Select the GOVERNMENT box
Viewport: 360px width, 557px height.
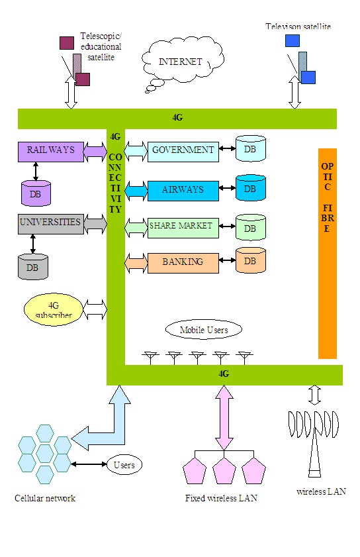coord(183,150)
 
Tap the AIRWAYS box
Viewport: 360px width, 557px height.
coord(183,189)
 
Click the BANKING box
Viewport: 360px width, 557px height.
coord(183,262)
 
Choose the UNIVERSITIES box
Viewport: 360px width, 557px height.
coord(50,223)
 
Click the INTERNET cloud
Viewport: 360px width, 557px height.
coord(180,62)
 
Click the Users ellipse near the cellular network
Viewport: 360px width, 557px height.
coord(124,465)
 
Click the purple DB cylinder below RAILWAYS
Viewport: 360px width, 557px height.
coord(35,193)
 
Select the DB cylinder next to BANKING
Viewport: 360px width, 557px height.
coord(250,261)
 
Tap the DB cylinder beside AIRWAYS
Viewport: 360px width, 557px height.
coord(250,188)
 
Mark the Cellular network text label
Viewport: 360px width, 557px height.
coord(45,498)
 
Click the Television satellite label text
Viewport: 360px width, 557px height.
coord(298,26)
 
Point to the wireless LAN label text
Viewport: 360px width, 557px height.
coord(321,491)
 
